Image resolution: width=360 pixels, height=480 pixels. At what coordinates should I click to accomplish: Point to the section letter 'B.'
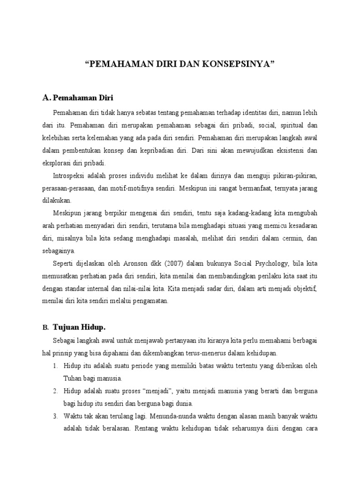(45, 327)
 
